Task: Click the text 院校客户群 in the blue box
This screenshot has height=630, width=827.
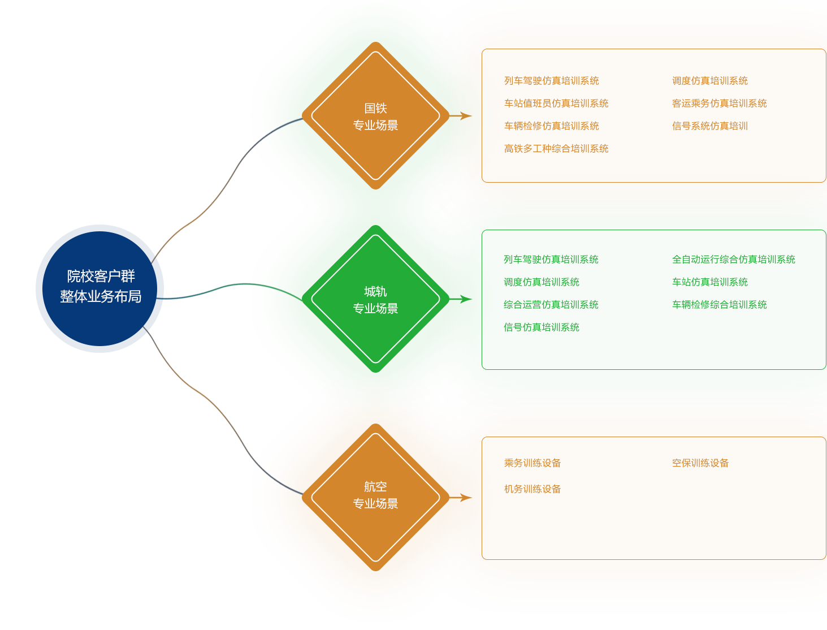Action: click(x=101, y=276)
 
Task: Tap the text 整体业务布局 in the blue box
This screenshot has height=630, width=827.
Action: click(x=101, y=296)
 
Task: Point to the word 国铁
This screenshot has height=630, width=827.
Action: click(x=375, y=108)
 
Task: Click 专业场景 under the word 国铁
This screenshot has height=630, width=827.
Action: click(x=375, y=125)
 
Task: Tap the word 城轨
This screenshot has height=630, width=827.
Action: click(x=375, y=291)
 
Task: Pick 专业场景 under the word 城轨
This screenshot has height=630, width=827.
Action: click(x=375, y=308)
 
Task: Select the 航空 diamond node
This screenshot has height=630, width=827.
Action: click(x=375, y=526)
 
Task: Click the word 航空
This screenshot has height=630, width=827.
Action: click(x=375, y=486)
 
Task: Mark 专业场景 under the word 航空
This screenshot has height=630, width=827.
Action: click(x=375, y=503)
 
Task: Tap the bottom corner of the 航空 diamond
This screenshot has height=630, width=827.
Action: click(x=375, y=560)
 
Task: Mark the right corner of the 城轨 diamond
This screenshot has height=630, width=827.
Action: click(x=439, y=299)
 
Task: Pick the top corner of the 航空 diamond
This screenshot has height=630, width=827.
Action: click(x=375, y=434)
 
